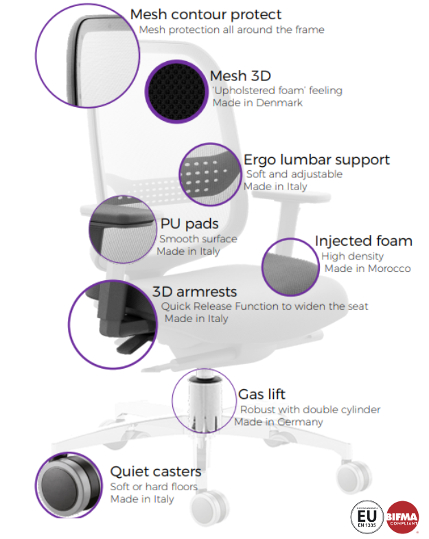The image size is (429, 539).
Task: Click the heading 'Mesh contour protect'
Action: (x=205, y=14)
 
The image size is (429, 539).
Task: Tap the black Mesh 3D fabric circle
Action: (x=176, y=90)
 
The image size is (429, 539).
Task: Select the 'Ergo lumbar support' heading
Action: (x=316, y=160)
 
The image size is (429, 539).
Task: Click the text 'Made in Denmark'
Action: (x=257, y=103)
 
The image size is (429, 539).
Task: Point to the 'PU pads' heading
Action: (x=189, y=225)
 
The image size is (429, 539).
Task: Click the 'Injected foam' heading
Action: (x=363, y=241)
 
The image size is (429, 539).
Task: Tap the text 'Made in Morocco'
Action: (x=367, y=268)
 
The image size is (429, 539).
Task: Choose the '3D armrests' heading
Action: (x=194, y=291)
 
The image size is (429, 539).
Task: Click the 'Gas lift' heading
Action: (x=262, y=395)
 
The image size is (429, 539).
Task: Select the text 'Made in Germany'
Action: (x=279, y=422)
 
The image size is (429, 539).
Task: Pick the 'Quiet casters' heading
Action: (x=156, y=472)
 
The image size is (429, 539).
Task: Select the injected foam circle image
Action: (x=289, y=267)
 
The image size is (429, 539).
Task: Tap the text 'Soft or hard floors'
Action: (x=154, y=487)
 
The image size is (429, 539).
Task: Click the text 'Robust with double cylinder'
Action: (x=310, y=410)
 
